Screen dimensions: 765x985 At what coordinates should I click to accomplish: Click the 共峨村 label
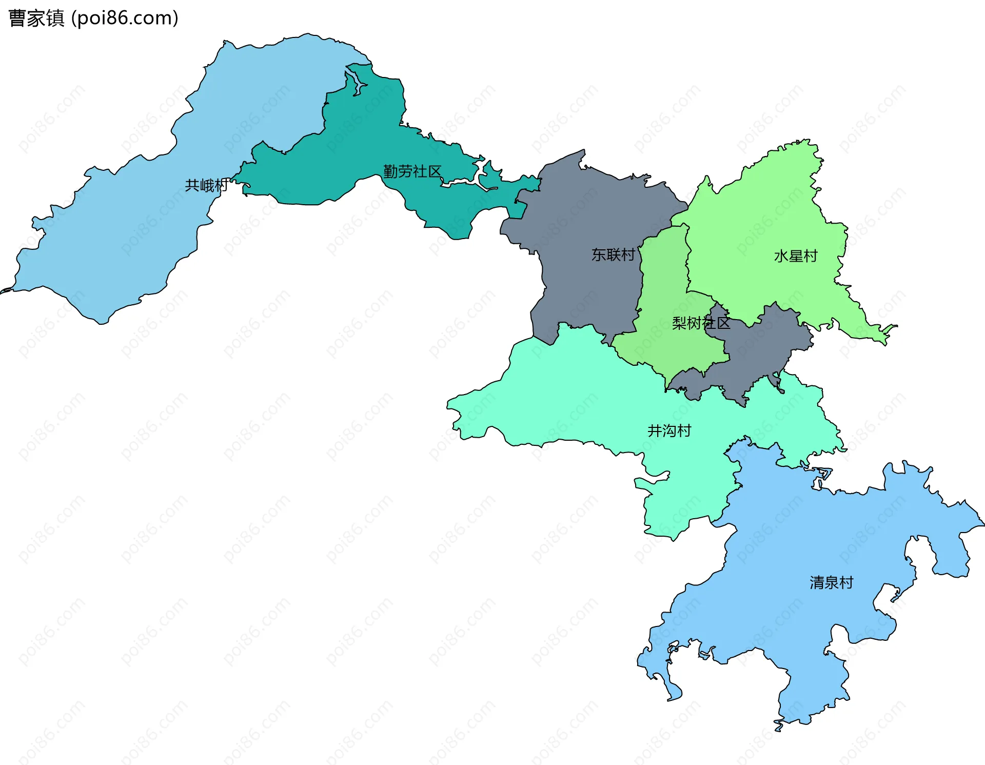[207, 185]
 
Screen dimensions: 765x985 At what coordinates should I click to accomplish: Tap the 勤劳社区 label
[412, 171]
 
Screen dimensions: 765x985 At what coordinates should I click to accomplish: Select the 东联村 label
[613, 254]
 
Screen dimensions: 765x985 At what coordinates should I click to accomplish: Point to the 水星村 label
[796, 256]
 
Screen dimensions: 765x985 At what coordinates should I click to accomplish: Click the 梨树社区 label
[701, 323]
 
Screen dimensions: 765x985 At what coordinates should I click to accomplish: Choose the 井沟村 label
[669, 430]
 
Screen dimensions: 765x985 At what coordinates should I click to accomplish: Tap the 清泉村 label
[831, 582]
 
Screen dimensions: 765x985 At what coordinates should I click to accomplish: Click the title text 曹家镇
[36, 18]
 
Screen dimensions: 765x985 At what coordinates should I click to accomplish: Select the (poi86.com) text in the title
[125, 18]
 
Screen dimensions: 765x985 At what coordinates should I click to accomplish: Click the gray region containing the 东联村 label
[580, 215]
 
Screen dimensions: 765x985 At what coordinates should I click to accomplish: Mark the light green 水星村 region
[770, 215]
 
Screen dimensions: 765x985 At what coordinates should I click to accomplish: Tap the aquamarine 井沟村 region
[590, 400]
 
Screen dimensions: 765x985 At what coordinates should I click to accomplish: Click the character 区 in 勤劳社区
[435, 171]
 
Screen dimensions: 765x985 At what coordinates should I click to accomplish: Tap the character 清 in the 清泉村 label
[817, 582]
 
